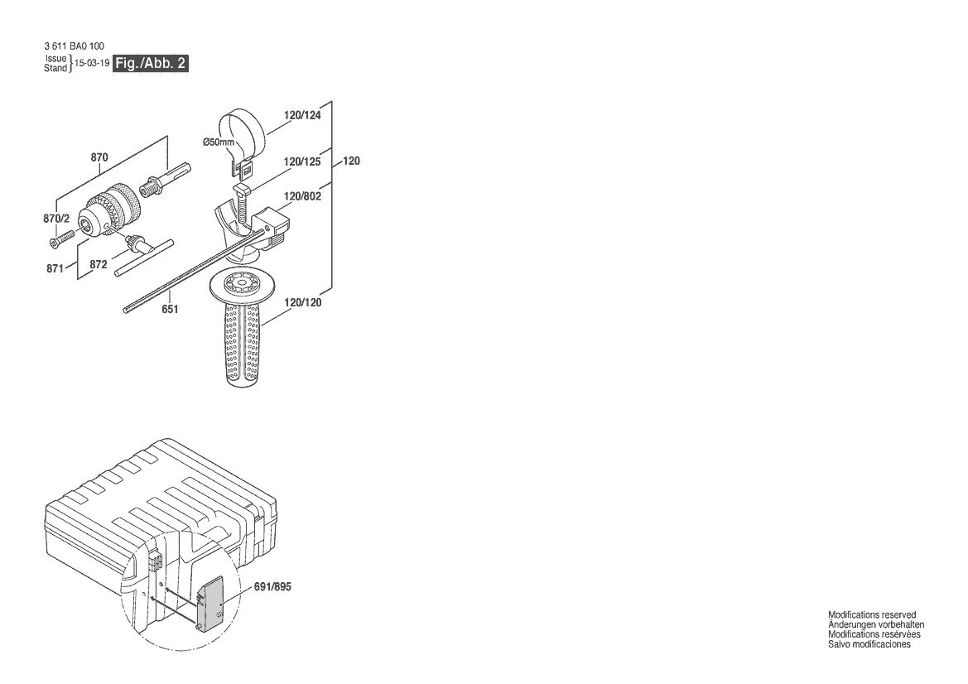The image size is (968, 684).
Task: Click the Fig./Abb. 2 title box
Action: point(150,64)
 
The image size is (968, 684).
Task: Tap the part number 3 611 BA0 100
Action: point(74,46)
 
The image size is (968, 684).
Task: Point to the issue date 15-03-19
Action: point(92,64)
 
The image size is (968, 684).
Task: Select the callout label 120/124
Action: point(302,115)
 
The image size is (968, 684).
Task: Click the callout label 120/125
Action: point(302,161)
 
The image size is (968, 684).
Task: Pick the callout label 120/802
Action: point(302,196)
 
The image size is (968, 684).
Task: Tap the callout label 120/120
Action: point(302,302)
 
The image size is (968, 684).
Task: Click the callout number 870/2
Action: point(56,219)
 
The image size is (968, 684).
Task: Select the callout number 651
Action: point(170,309)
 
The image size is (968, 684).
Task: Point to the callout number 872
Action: point(99,265)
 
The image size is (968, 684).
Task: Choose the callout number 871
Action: point(55,268)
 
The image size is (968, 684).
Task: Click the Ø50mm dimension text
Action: point(219,142)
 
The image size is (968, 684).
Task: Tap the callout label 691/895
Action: point(273,586)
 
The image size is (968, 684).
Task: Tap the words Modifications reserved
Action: point(872,615)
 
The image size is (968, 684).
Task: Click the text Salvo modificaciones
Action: point(869,644)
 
